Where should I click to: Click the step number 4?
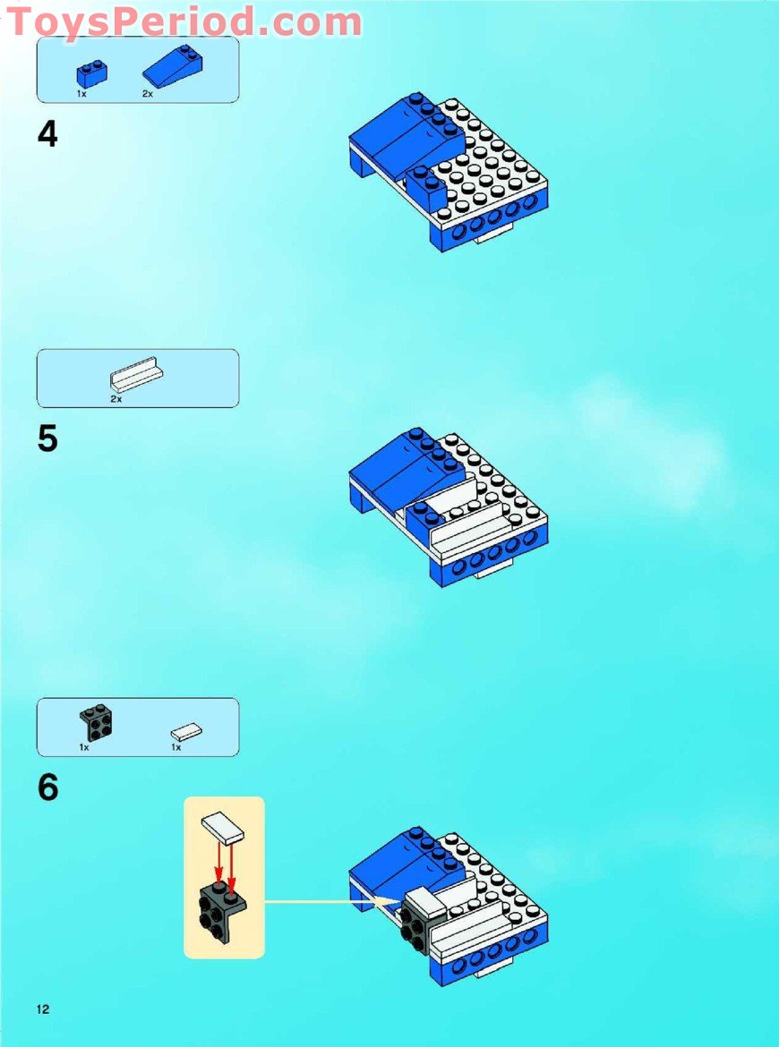tap(47, 134)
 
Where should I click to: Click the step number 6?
tap(47, 787)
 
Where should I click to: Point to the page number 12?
tap(43, 1009)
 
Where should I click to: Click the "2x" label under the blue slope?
tap(147, 93)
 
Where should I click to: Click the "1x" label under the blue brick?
tap(81, 93)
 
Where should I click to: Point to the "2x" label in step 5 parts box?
tap(116, 399)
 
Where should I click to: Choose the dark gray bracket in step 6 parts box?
tap(95, 722)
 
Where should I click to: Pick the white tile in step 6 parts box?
tap(186, 732)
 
